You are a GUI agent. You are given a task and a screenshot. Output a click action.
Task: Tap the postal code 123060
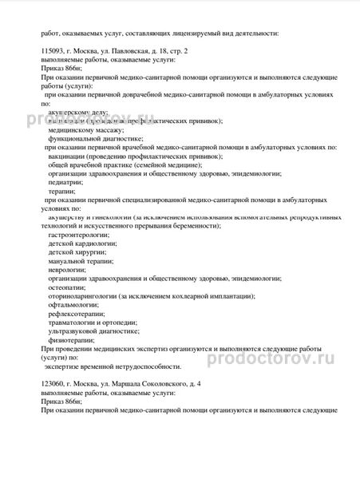tap(53, 384)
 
